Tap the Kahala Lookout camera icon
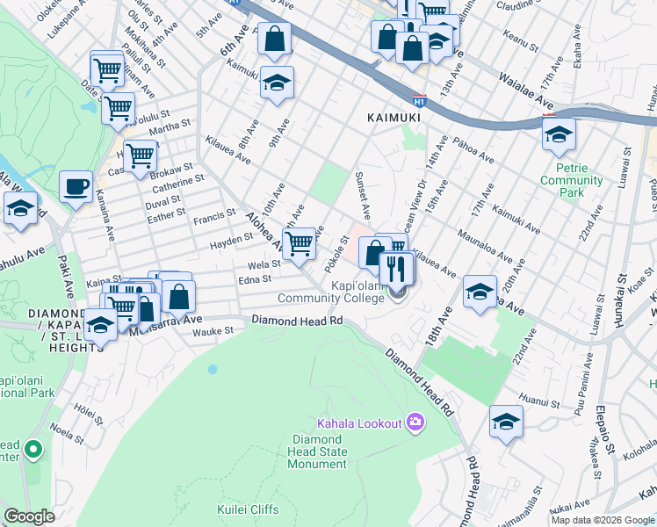[415, 423]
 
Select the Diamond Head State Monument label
[320, 451]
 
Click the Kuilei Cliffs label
[248, 509]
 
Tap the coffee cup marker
[76, 186]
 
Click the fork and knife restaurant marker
[397, 267]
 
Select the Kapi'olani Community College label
[331, 292]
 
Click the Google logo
[29, 516]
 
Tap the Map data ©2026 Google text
[602, 520]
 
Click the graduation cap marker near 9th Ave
[277, 83]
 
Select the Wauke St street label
[213, 331]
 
